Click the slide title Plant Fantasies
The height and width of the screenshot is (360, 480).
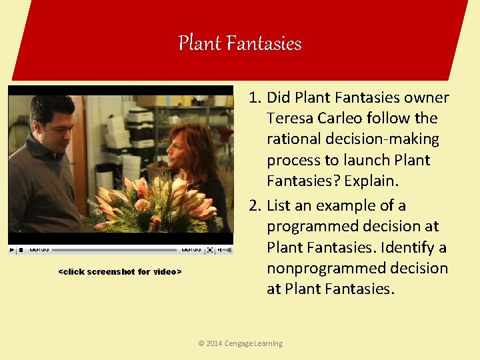(x=240, y=44)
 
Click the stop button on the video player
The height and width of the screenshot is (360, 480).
(x=21, y=250)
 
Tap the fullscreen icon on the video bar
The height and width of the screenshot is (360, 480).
(x=210, y=250)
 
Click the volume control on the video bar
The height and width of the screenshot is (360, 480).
(x=225, y=250)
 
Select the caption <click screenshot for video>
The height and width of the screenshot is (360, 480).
(x=120, y=271)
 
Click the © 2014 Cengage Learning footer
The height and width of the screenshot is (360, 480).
(x=240, y=343)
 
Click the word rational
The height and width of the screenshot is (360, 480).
(x=291, y=139)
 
